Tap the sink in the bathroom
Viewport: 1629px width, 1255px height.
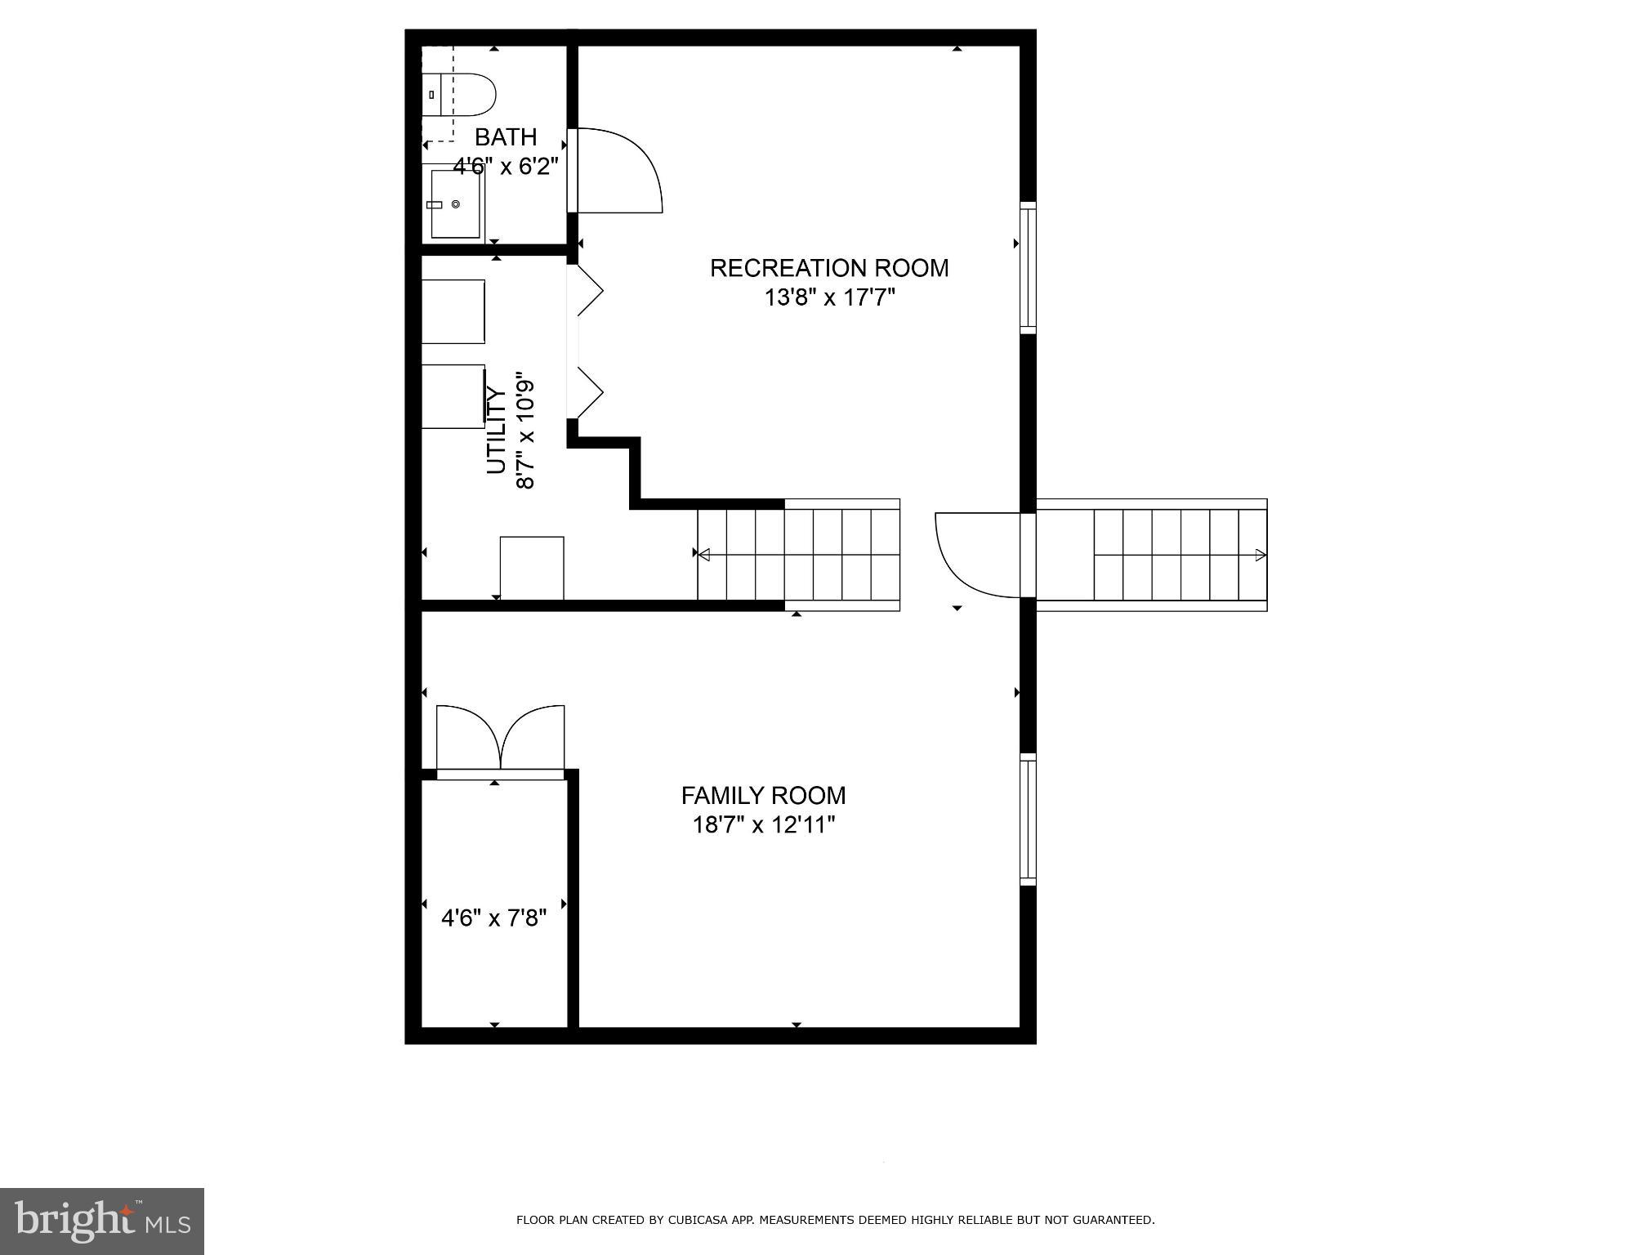click(x=455, y=204)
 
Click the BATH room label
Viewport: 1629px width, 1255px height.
click(x=506, y=136)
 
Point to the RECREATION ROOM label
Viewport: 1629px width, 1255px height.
click(x=828, y=268)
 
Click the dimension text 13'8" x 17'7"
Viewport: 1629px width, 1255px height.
click(x=829, y=297)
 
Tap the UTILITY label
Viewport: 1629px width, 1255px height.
click(x=497, y=430)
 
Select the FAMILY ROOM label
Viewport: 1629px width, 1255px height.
click(x=763, y=795)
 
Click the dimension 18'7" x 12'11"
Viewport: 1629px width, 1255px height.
click(x=763, y=825)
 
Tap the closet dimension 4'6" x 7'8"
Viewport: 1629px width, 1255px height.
click(x=493, y=918)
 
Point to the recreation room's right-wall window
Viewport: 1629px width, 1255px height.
click(x=1028, y=268)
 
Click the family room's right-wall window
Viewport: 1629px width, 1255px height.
click(x=1028, y=819)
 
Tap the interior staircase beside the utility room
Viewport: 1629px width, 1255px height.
click(x=798, y=555)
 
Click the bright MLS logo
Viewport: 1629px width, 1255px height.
click(x=102, y=1221)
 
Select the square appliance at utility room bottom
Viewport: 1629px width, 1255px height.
click(x=531, y=568)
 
